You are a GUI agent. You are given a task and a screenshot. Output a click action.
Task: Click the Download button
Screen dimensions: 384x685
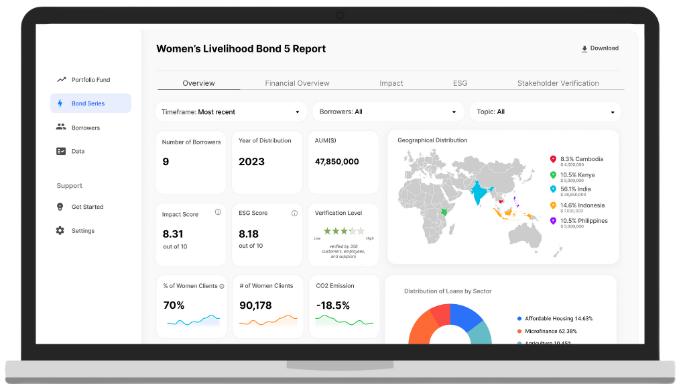point(600,48)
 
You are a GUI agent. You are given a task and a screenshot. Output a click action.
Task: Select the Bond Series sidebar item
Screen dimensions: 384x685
point(90,103)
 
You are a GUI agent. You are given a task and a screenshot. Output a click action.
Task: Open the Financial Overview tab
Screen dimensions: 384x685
point(297,83)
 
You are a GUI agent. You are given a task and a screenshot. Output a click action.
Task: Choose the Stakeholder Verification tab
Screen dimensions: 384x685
point(558,83)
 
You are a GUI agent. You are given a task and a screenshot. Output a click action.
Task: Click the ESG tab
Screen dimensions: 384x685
point(460,83)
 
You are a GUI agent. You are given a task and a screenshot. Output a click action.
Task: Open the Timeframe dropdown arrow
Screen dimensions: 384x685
point(298,112)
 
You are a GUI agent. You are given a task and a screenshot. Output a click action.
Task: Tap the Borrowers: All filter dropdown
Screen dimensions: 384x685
point(388,111)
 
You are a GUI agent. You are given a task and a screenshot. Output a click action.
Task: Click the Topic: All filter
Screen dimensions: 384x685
point(545,111)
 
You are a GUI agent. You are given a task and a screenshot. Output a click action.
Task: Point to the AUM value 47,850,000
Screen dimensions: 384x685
point(336,162)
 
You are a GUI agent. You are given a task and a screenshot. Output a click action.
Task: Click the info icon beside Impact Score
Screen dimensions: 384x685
point(218,212)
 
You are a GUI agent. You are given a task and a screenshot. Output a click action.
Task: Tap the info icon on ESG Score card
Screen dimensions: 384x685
point(294,213)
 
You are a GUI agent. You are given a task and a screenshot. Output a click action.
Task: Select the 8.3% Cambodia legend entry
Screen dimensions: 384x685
point(581,159)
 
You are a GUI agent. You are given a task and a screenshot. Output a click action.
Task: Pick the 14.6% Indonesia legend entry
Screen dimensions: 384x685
point(582,205)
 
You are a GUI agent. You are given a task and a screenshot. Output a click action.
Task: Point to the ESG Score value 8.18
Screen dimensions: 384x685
point(249,234)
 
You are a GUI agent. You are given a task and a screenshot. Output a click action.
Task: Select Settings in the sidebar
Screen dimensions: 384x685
point(83,231)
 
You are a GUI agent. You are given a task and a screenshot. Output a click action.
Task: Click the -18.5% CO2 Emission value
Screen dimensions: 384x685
point(332,305)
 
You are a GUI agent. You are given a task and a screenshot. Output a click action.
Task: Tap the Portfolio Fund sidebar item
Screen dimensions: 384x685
point(90,80)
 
